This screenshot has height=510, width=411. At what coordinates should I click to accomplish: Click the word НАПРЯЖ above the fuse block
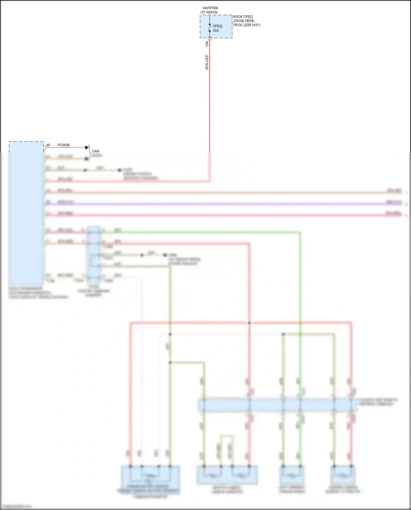click(x=210, y=8)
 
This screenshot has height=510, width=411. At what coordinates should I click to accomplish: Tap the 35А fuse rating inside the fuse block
click(x=216, y=31)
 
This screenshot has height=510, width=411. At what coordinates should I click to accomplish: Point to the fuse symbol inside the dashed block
click(x=210, y=28)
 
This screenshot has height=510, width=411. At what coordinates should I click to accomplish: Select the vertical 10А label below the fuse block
click(x=207, y=44)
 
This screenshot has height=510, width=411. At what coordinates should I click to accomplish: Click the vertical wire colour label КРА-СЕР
click(x=207, y=62)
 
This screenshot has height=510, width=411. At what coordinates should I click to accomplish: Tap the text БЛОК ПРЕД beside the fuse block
click(x=243, y=17)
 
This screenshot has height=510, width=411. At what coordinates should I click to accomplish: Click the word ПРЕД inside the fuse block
click(x=217, y=26)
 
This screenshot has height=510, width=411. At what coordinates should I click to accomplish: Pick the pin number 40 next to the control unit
click(x=48, y=145)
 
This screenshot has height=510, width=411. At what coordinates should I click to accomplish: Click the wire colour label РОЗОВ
click(x=64, y=145)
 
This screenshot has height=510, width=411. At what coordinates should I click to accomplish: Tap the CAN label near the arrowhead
click(x=95, y=151)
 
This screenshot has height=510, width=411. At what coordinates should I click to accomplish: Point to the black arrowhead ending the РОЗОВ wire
click(x=87, y=147)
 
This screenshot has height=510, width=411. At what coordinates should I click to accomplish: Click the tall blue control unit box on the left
click(x=26, y=214)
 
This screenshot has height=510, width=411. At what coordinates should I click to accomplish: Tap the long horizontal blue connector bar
click(x=277, y=405)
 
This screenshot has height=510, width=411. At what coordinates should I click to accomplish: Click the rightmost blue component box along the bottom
click(x=342, y=475)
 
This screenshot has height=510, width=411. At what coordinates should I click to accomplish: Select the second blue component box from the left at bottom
click(x=227, y=475)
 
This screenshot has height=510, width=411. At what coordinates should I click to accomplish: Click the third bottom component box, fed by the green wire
click(x=292, y=475)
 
